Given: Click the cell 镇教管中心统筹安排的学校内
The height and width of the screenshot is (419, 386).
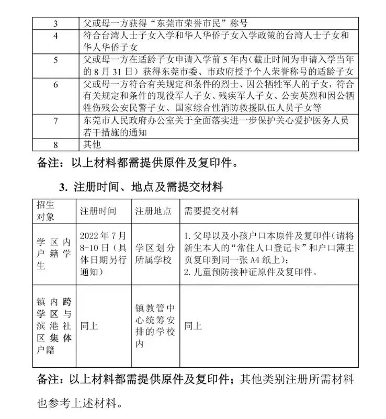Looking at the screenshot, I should (x=153, y=326).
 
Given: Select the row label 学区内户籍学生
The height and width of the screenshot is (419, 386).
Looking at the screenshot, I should (x=52, y=254).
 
